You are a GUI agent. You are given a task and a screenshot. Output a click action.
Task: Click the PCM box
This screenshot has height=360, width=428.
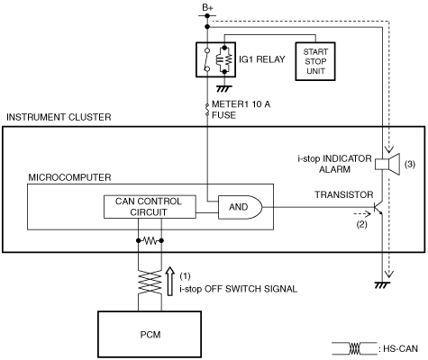tap(150, 334)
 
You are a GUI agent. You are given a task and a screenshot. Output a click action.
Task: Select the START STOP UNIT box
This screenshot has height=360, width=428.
tap(315, 61)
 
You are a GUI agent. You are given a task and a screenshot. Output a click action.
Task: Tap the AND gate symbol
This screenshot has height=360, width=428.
tap(240, 207)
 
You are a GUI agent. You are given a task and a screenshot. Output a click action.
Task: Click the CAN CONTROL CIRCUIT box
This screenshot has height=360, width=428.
tap(150, 207)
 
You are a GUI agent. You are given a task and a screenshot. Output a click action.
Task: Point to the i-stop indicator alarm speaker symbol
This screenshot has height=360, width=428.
tap(387, 164)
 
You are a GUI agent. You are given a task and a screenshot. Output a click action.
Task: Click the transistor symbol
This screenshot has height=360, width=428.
tap(378, 207)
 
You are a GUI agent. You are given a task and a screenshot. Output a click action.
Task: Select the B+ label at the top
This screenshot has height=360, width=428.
tap(207, 8)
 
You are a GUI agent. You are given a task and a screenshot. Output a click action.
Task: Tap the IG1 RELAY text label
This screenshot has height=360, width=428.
tap(262, 59)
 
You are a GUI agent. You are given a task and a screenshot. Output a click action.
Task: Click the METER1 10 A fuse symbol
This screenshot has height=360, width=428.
tap(207, 110)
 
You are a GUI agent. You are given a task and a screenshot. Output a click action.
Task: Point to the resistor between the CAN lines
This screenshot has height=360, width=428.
tap(150, 240)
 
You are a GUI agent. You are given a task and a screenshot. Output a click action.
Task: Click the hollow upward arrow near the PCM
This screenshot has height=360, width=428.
tap(170, 282)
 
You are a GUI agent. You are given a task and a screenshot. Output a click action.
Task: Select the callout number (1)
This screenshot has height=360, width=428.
tap(185, 275)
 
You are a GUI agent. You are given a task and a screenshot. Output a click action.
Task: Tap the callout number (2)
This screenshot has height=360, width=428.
tap(361, 224)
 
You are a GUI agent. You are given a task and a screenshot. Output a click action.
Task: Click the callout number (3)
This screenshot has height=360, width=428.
tap(410, 164)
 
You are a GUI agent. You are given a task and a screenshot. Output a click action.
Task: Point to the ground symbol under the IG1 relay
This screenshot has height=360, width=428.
tap(224, 89)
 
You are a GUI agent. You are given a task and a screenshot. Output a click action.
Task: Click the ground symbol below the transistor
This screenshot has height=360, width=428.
tap(382, 284)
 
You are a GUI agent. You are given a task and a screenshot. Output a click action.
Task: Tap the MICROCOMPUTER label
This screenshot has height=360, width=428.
tap(69, 177)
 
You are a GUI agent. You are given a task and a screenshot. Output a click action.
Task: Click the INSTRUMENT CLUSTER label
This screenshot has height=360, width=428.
tap(59, 117)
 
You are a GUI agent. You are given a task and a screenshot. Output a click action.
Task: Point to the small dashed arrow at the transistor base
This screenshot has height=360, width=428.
tap(362, 214)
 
